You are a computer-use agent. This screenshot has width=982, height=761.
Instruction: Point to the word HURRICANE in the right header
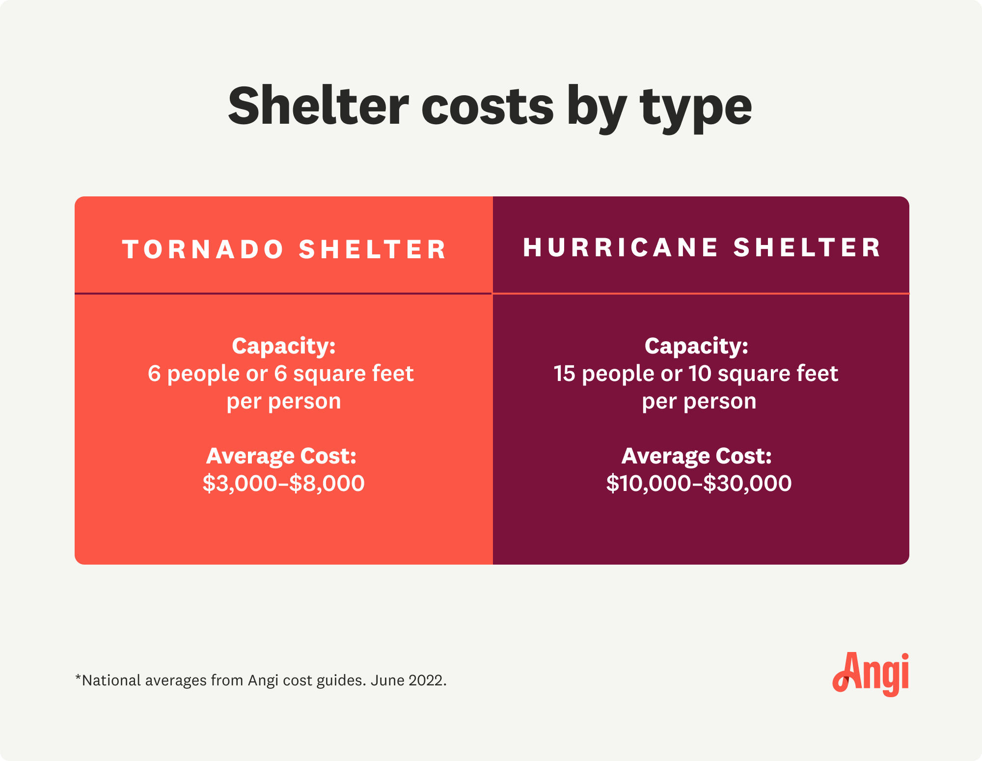621,247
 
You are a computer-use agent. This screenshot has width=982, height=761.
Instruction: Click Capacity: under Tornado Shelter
284,346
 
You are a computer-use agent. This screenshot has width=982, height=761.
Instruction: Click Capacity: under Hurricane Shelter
696,346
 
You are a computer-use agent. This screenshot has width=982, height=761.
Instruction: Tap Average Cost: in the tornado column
281,456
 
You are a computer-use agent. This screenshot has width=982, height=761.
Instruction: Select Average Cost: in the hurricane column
696,456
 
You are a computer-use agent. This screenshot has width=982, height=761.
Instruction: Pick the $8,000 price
327,484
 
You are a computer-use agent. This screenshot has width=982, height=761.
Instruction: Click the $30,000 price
747,484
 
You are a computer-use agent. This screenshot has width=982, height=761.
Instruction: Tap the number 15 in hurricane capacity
564,374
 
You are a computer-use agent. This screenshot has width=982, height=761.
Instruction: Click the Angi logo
871,674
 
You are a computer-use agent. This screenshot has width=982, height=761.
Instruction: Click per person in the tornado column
284,402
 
